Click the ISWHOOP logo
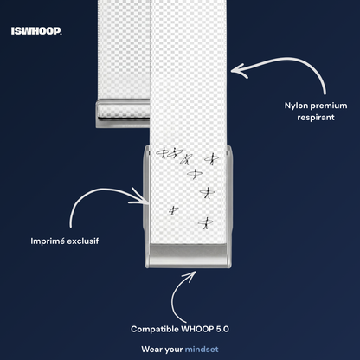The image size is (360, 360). pos(36,31)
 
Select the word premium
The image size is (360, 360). pos(329,106)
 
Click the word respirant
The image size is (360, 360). pos(316,118)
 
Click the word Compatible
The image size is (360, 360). pos(155,329)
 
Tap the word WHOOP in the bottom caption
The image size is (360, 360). pos(197,329)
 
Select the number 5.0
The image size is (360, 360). pos(222,329)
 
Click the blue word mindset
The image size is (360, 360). pos(202,350)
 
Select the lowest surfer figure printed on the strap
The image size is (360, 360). pos(206,223)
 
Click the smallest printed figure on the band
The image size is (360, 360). pos(173,210)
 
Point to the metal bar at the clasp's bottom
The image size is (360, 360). pos(189,255)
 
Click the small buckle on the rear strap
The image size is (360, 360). pos(123,113)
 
